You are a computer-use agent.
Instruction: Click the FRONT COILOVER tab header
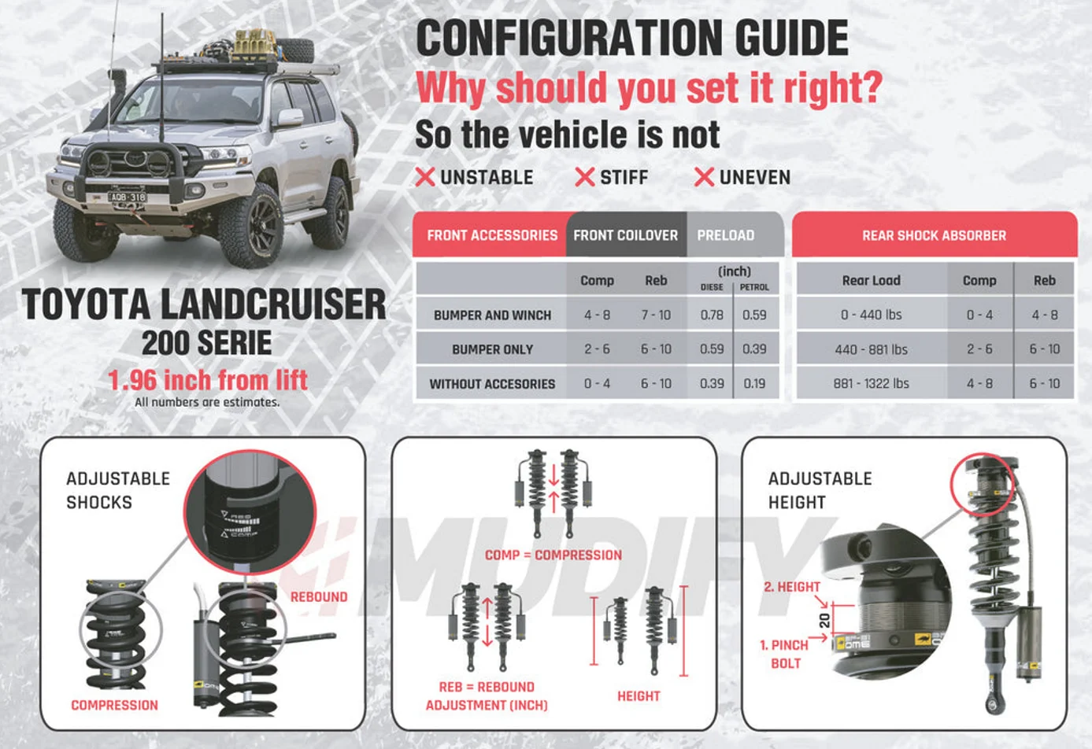pos(625,235)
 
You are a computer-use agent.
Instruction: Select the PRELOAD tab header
pos(725,235)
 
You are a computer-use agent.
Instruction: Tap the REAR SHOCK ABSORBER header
pos(934,235)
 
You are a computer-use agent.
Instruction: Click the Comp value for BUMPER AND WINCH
pos(597,315)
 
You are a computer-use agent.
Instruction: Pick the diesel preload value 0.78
pos(712,315)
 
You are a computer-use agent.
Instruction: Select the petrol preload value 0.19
pos(754,383)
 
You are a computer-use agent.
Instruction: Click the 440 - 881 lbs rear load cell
pos(871,349)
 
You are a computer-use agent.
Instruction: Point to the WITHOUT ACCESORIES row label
pos(492,384)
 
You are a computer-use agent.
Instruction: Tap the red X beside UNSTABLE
pos(425,177)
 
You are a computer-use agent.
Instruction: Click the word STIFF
pos(624,177)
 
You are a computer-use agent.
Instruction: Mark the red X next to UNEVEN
pos(704,177)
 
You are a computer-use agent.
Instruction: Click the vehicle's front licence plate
pos(128,197)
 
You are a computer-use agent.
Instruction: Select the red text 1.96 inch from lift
pos(208,380)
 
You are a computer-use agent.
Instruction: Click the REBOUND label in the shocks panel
pos(319,597)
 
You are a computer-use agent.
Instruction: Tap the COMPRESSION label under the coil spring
pos(115,706)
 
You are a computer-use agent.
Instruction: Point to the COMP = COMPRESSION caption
pos(553,555)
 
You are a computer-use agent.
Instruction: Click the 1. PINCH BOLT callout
pos(785,654)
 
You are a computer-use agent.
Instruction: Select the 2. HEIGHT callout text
pos(792,587)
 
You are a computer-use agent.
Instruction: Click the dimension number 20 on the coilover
pos(824,620)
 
